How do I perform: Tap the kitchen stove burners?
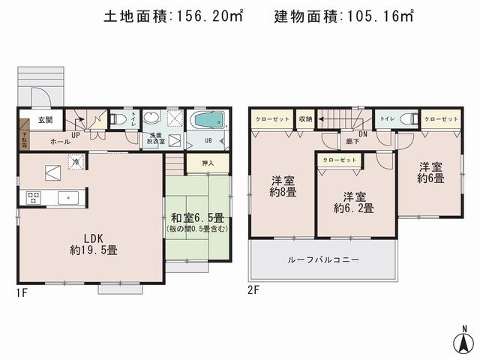[34, 198]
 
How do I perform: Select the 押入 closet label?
[197, 163]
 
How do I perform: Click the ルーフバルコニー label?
[323, 259]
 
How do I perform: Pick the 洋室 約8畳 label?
[283, 186]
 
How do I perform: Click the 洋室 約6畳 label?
[431, 172]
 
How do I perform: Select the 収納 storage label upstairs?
[304, 119]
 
